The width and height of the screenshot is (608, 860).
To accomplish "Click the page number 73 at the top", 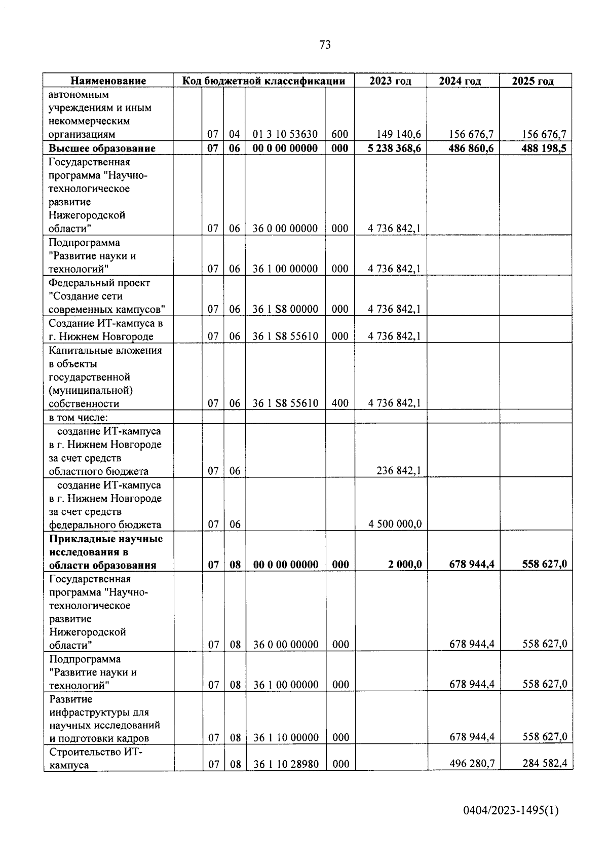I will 325,45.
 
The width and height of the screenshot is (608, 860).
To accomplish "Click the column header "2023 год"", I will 390,81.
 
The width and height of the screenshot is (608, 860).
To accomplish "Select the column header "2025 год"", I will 533,81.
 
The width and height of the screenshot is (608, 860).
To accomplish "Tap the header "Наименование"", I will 108,81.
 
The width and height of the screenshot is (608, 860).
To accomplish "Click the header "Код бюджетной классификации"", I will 263,81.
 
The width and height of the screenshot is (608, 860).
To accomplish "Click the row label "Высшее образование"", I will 102,148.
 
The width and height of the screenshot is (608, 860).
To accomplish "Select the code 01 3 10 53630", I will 285,134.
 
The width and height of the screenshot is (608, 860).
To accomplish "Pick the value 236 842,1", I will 398,471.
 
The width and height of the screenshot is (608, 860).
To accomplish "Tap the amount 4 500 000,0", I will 395,525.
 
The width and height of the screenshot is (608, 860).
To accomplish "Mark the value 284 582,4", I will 545,764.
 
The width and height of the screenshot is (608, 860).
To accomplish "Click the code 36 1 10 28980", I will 286,765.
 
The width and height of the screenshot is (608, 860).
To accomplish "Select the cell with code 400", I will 340,403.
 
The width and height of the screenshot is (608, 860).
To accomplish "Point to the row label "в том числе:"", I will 79,417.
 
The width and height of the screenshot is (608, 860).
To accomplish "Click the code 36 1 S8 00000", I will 285,309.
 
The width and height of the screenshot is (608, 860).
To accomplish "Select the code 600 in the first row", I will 339,134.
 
